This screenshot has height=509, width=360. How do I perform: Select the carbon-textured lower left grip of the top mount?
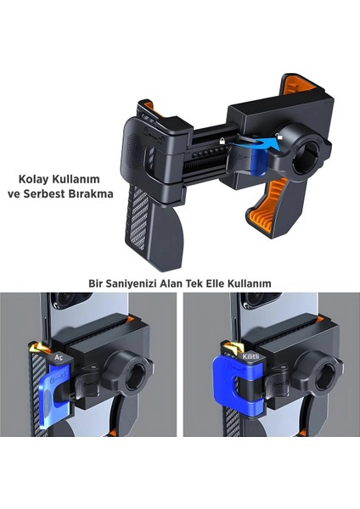[x=150, y=223]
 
